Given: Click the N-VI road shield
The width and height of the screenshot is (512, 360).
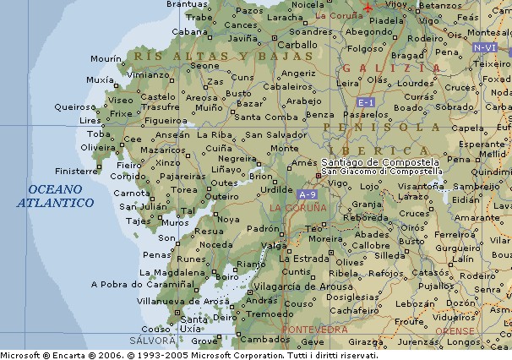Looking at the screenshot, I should click(485, 48).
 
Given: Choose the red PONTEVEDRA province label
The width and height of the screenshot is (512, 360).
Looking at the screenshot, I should click(314, 329).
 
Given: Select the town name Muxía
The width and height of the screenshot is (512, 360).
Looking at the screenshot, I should click(100, 80).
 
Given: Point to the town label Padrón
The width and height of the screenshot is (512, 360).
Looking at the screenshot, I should click(263, 228).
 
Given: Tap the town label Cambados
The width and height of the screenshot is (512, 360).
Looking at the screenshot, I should click(259, 341).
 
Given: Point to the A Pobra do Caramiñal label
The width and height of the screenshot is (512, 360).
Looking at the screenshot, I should click(133, 286).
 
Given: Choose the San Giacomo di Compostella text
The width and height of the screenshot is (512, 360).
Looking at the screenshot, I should click(381, 171).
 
